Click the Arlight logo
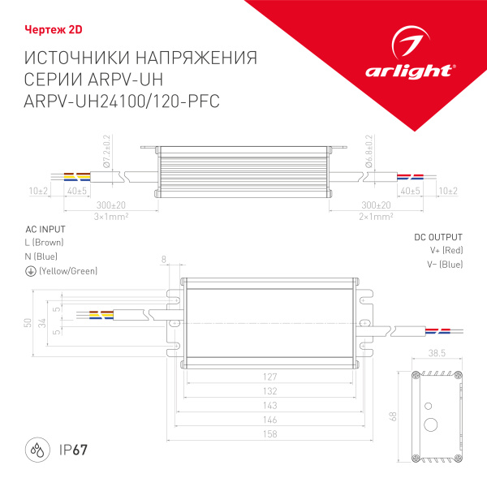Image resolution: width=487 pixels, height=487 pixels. [x=420, y=54]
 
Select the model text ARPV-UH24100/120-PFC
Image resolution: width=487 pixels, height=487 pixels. [x=123, y=100]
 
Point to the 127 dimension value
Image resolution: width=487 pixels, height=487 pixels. [x=270, y=377]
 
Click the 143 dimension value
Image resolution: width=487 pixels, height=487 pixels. [x=270, y=406]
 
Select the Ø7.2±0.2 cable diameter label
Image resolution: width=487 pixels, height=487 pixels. [x=106, y=153]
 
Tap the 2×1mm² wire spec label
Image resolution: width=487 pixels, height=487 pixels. [x=376, y=217]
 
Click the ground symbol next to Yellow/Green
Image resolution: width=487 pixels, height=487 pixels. [x=30, y=270]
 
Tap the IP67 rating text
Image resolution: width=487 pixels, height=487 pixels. [x=74, y=450]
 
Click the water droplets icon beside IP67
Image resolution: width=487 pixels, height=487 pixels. [x=37, y=450]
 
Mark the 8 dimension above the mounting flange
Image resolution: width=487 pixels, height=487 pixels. [x=165, y=260]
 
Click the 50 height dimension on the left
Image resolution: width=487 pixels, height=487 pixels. [x=28, y=322]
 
